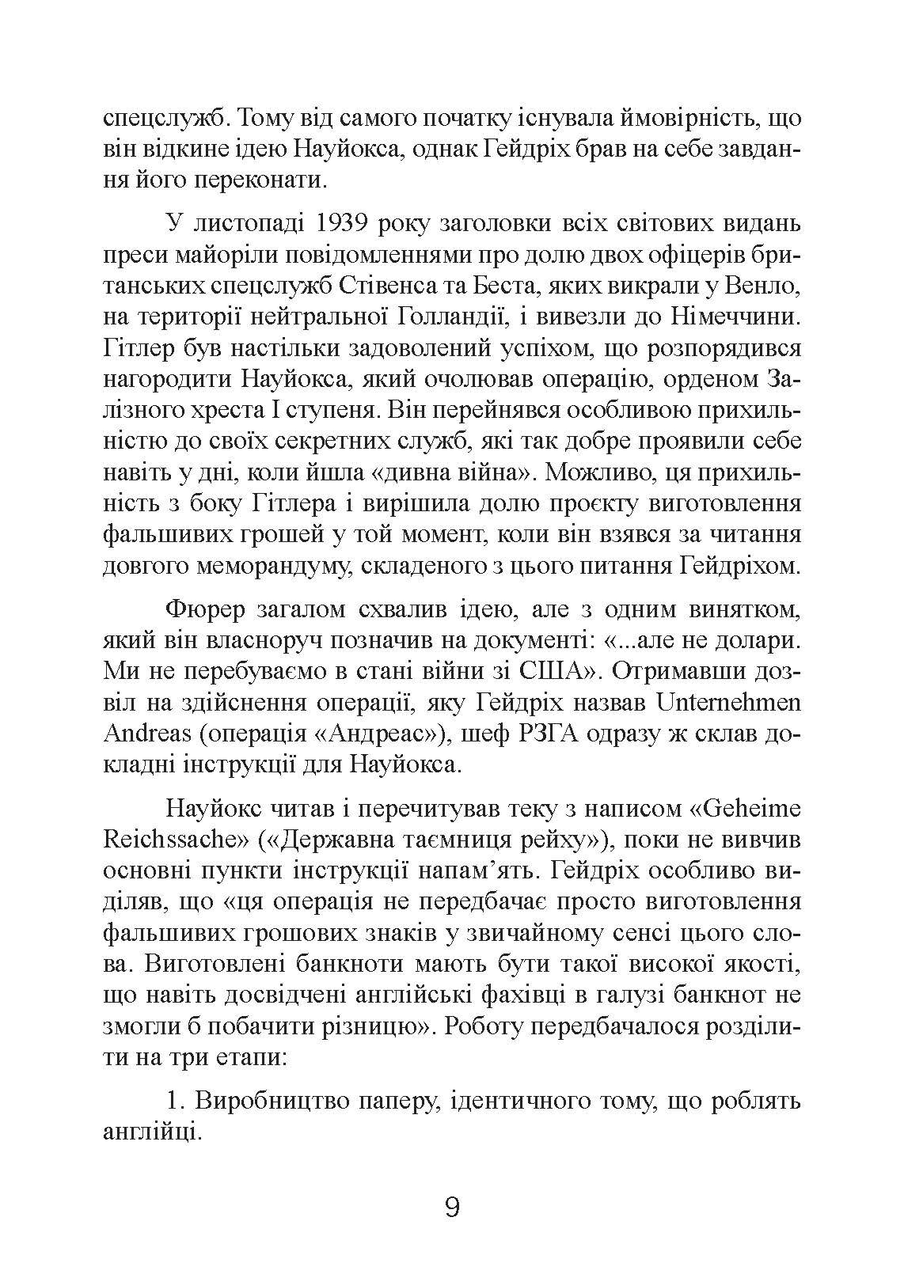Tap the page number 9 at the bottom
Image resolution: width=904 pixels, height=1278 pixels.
coord(452,1208)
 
